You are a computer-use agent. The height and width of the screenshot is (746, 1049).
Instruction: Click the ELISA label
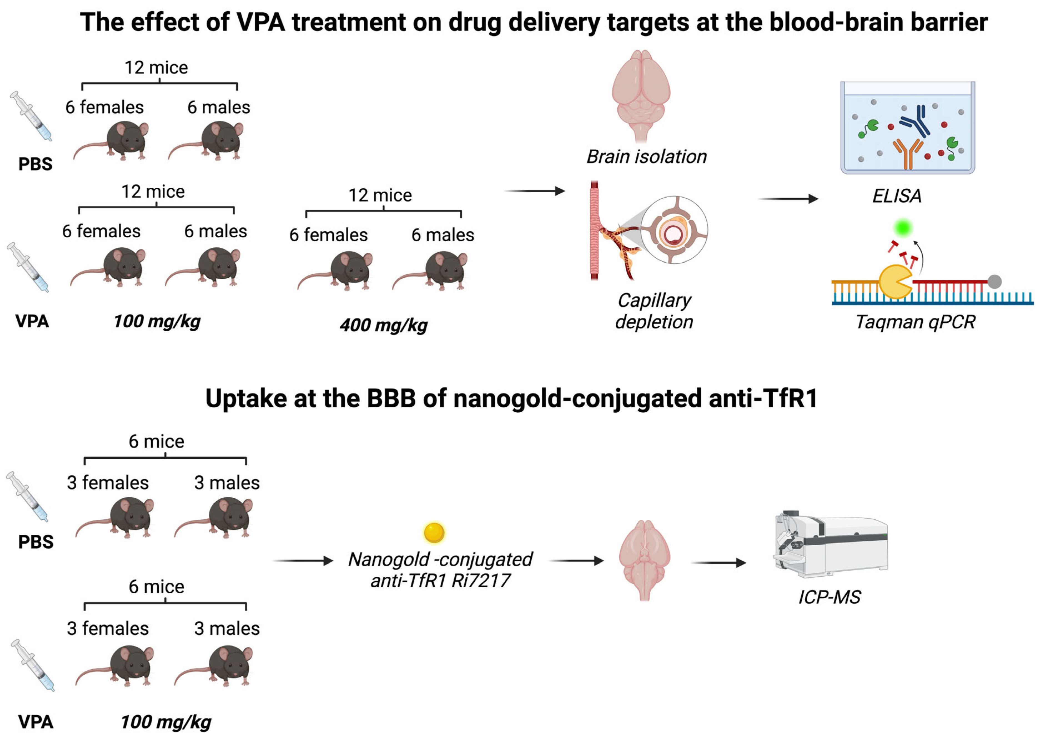897,196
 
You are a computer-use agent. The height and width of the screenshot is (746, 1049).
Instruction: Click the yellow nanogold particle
434,533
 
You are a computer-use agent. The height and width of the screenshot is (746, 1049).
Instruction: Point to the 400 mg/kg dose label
384,325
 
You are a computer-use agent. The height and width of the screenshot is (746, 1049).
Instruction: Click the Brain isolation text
647,157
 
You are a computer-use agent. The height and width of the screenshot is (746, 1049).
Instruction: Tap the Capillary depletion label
654,311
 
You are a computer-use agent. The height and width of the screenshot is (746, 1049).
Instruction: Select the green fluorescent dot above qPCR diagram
903,227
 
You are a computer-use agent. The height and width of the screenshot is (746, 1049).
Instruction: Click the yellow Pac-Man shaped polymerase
895,282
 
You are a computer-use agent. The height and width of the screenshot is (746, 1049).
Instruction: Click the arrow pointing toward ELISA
788,199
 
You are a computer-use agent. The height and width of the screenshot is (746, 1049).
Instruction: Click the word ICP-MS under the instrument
829,597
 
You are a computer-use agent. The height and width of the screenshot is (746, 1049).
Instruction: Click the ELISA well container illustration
907,128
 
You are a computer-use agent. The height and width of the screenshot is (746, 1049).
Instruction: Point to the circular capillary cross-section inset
674,230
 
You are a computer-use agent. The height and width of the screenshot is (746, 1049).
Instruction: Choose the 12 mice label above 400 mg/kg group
380,195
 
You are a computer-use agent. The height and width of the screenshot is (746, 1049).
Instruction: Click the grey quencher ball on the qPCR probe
994,281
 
